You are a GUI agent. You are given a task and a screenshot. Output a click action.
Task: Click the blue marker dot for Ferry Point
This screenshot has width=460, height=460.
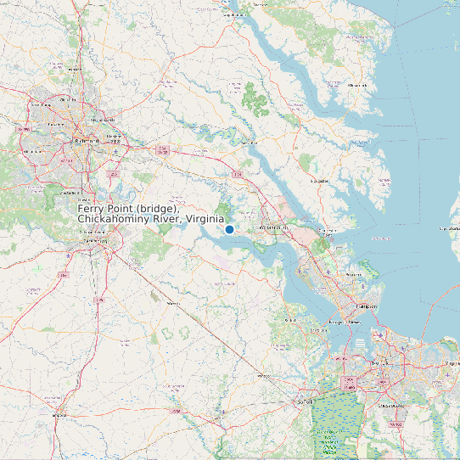click(229, 229)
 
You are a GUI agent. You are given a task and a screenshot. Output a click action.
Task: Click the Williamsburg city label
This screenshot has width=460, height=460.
click(274, 227)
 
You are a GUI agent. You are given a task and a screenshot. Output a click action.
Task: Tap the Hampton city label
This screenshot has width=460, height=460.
click(367, 304)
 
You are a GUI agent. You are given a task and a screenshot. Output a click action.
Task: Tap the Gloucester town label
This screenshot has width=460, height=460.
click(320, 181)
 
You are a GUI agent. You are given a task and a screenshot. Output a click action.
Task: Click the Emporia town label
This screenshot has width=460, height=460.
click(59, 415)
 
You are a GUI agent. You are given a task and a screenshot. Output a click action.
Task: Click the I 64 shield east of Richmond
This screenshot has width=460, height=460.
click(160, 149)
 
